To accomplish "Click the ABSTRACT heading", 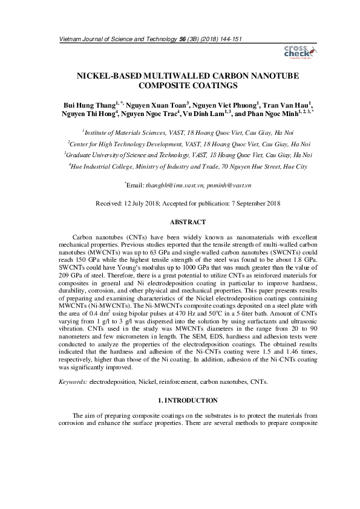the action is click(x=180, y=221).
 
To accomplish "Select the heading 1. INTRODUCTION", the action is click(x=180, y=400).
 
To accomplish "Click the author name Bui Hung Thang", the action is click(x=91, y=104).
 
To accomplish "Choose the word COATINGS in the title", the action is click(x=206, y=87).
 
